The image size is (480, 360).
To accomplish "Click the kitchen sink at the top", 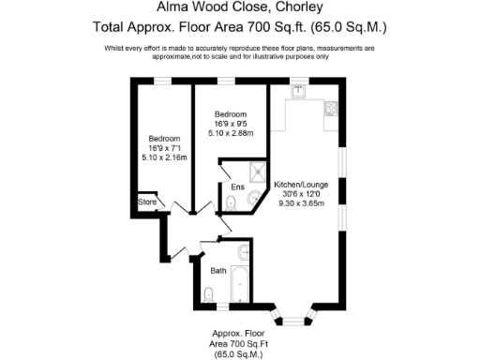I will click(x=299, y=91).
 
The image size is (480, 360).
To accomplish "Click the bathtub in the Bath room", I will click(x=241, y=284).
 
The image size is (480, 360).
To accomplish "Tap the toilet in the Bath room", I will click(x=209, y=295).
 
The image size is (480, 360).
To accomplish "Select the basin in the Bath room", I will click(x=244, y=251).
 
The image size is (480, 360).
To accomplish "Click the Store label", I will click(x=146, y=202).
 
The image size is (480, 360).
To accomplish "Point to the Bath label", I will click(x=217, y=271).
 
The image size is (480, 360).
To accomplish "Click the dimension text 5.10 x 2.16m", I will click(x=164, y=157).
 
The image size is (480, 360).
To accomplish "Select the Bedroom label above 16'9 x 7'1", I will click(x=164, y=138).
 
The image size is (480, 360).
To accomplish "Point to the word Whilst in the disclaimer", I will click(x=120, y=48).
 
